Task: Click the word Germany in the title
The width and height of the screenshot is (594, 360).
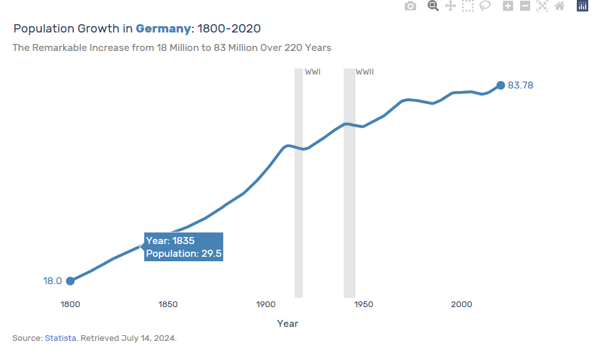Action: point(163,29)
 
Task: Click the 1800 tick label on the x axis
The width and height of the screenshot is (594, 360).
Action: point(70,305)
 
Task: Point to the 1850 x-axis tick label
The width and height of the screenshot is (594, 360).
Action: point(168,305)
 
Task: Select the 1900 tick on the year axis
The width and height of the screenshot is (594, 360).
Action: point(266,305)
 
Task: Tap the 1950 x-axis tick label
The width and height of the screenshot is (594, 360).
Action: point(364,305)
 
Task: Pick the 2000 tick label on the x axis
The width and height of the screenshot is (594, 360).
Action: point(461,305)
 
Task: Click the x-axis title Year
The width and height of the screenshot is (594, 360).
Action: point(287,324)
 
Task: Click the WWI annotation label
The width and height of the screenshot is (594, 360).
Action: point(312,72)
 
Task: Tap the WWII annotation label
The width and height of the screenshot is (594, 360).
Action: point(365,72)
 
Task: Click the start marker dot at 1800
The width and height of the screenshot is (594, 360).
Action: point(70,281)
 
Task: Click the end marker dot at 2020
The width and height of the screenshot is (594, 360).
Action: point(500,85)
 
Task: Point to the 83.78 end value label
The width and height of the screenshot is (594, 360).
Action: point(520,85)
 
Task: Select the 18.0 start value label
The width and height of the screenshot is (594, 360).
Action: point(52,281)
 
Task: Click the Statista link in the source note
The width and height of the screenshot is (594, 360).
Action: point(61,338)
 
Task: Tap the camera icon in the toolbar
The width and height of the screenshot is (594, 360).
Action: point(410,6)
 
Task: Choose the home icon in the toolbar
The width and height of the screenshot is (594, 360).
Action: point(560,6)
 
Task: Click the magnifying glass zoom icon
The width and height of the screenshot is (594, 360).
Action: point(433,6)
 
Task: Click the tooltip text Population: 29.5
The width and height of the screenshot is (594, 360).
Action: point(184,254)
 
